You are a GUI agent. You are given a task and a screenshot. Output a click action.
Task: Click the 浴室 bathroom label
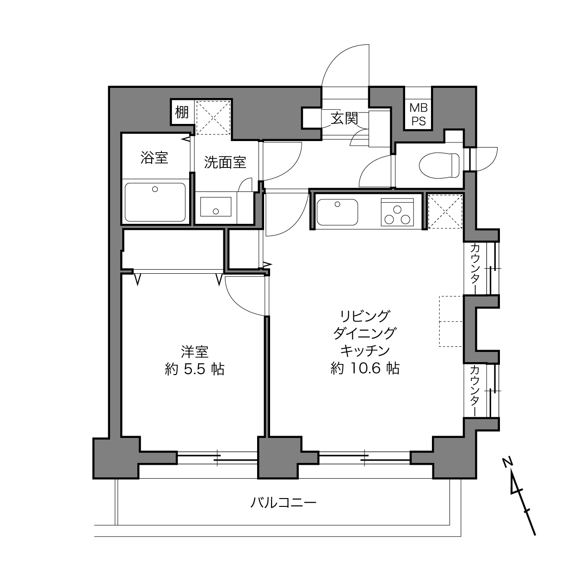pyautogui.click(x=154, y=158)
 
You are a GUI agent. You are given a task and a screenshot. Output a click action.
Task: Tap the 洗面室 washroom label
pyautogui.click(x=225, y=162)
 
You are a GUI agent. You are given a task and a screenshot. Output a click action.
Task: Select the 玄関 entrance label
pyautogui.click(x=344, y=118)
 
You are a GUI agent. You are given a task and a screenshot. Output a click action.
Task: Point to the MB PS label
pyautogui.click(x=419, y=114)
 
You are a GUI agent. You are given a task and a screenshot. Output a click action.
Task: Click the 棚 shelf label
pyautogui.click(x=182, y=112)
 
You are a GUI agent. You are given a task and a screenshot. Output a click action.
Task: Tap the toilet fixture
pyautogui.click(x=439, y=165)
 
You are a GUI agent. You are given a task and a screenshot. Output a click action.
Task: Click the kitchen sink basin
pyautogui.click(x=337, y=212)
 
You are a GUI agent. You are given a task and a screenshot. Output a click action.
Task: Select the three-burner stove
pyautogui.click(x=397, y=212)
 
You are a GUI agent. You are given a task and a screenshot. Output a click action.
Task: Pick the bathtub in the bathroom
pyautogui.click(x=155, y=202)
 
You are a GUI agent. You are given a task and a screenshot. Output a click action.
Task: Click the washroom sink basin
pyautogui.click(x=216, y=207)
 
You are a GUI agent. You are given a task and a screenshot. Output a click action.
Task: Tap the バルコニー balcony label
pyautogui.click(x=283, y=502)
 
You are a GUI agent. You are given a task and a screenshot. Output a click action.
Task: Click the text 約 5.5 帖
pyautogui.click(x=195, y=369)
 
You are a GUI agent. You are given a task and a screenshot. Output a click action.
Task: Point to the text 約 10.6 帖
pyautogui.click(x=365, y=368)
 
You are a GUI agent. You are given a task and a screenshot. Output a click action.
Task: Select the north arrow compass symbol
pyautogui.click(x=519, y=500)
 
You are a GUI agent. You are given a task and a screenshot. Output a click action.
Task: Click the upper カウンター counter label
pyautogui.click(x=475, y=268)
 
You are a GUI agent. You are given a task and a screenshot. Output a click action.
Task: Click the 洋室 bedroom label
pyautogui.click(x=195, y=352)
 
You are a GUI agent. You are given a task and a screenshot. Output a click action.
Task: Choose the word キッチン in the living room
pyautogui.click(x=365, y=351)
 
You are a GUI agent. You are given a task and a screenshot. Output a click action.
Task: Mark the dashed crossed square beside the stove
pyautogui.click(x=445, y=211)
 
